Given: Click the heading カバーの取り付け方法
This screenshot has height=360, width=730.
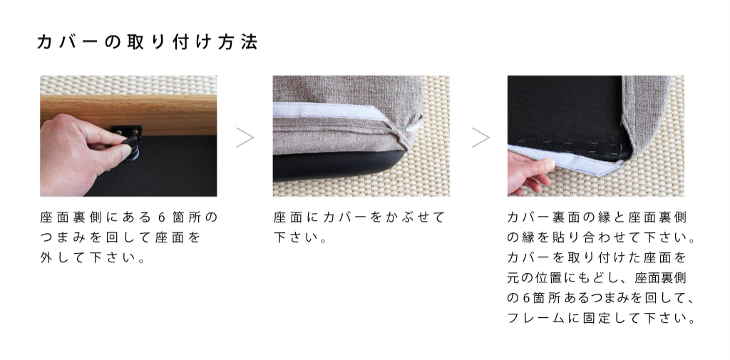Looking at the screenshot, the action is pos(147,42).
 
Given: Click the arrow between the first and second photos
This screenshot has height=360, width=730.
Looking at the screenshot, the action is pos(245,138).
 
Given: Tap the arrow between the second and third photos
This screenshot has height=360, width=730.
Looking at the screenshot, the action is pos(480,138).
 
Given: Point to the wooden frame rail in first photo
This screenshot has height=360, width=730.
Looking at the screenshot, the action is pos(128,115).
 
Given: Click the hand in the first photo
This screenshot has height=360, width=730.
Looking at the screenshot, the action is pos(81,154).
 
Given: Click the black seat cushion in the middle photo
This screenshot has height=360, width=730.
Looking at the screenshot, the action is pos(335,165).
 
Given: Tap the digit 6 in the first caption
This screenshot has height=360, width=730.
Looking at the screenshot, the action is pos(162,217).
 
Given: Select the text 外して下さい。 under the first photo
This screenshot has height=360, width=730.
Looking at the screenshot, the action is pos(93,257).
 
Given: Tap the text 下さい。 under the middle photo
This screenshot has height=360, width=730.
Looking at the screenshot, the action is pos(300,237).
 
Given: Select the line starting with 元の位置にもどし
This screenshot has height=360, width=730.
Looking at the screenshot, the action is pos(597,278).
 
